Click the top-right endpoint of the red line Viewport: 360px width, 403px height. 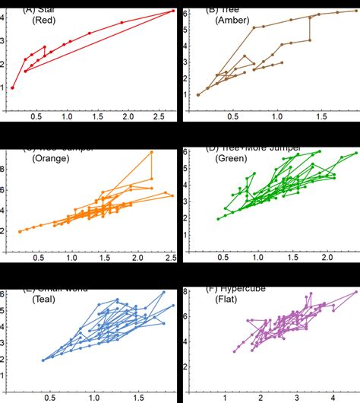(173, 11)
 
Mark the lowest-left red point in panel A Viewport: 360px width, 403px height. (12, 87)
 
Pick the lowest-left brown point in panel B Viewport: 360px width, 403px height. (198, 95)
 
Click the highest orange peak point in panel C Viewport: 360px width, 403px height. (151, 152)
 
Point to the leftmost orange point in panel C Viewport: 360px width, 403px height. (20, 231)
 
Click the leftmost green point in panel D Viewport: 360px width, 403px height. (218, 219)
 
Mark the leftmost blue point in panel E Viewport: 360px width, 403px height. (43, 360)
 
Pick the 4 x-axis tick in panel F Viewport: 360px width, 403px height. (332, 396)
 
